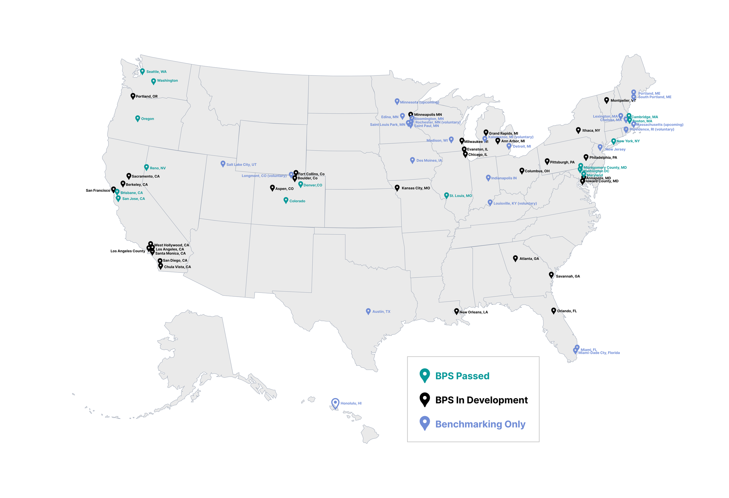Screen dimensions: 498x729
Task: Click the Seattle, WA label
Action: [156, 72]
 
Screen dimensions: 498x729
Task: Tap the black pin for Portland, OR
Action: [133, 96]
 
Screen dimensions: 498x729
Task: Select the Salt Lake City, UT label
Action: [241, 165]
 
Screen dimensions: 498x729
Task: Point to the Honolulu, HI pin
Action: [335, 403]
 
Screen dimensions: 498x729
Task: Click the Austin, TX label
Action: [381, 312]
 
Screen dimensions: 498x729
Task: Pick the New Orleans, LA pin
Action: [456, 311]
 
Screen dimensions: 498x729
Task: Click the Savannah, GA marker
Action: [551, 274]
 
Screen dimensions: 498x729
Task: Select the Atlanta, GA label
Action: [529, 258]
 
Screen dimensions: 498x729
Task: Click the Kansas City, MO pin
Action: [397, 187]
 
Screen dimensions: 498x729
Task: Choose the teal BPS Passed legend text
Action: [462, 376]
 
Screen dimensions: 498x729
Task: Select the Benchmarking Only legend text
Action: [480, 424]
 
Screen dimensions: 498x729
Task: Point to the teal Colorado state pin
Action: [286, 200]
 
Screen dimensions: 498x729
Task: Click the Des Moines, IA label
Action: [429, 161]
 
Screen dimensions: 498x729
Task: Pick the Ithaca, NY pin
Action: [579, 130]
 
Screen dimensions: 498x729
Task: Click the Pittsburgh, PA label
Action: [562, 162]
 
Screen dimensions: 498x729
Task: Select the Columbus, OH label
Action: [537, 171]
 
